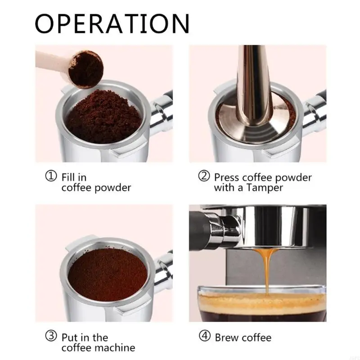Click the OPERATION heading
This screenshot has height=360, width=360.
[x=112, y=23]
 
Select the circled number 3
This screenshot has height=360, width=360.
[x=52, y=337]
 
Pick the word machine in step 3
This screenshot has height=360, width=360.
[x=115, y=347]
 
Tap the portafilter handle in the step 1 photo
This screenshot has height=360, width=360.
[x=162, y=112]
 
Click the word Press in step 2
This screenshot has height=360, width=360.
[x=227, y=177]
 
